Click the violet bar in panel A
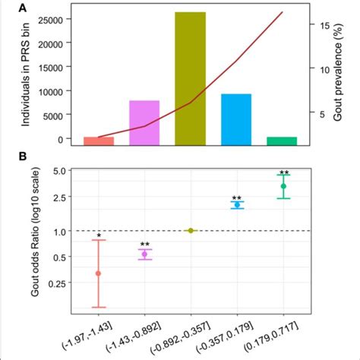pos(144,122)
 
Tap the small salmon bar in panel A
pos(99,141)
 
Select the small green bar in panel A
pos(282,141)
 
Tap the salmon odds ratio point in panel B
pos(98,273)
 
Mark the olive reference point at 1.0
pos(191,230)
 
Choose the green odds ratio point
pos(283,186)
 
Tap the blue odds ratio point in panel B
pos(237,205)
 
